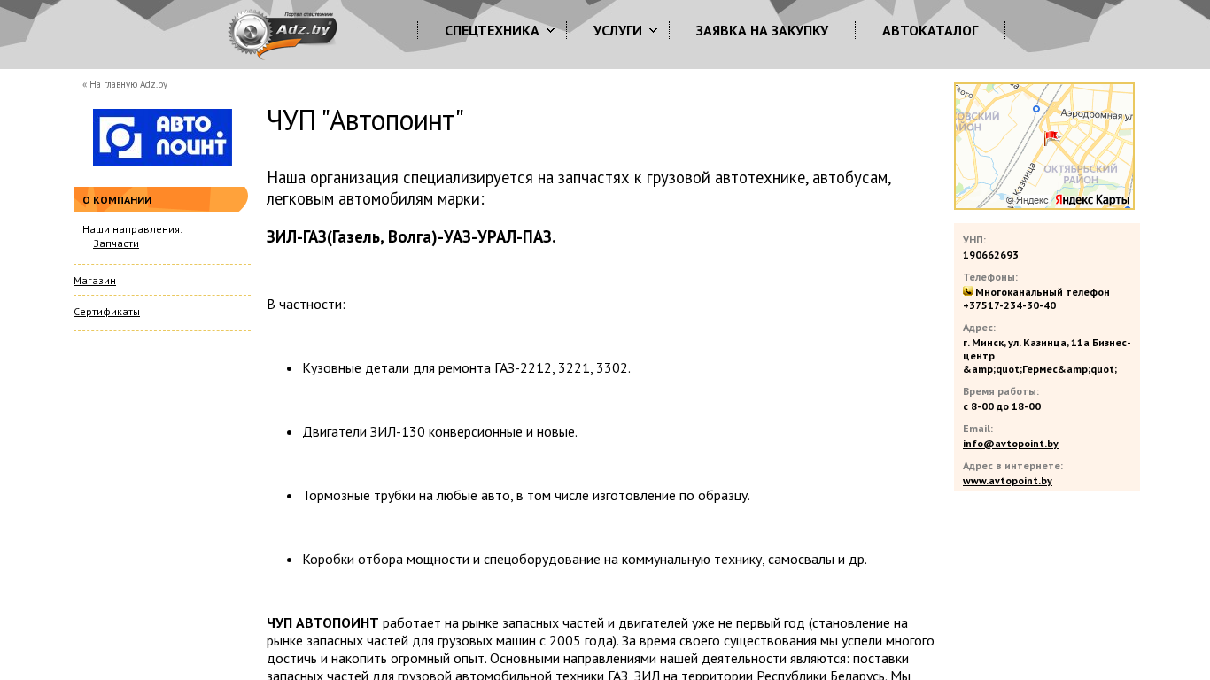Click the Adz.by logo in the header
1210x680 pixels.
click(x=283, y=34)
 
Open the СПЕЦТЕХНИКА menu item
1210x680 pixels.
click(x=492, y=31)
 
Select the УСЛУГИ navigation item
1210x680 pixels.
click(x=617, y=31)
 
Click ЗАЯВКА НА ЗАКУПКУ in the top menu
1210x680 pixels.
click(x=762, y=31)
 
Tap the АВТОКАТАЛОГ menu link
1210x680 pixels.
click(x=930, y=31)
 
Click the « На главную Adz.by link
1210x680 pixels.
click(x=125, y=85)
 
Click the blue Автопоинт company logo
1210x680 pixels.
click(x=162, y=137)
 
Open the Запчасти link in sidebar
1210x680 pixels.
click(x=116, y=243)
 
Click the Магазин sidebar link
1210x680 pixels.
click(x=95, y=281)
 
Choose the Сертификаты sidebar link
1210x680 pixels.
click(x=106, y=312)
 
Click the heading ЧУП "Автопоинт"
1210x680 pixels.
click(x=365, y=121)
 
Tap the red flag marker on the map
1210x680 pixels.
click(x=1051, y=138)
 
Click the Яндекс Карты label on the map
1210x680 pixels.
click(x=1092, y=201)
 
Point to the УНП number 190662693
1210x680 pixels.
click(x=990, y=255)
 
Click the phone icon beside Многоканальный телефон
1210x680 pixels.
click(x=967, y=291)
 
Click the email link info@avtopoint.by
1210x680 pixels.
click(x=1010, y=444)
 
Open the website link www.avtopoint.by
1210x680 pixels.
click(x=1007, y=481)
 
